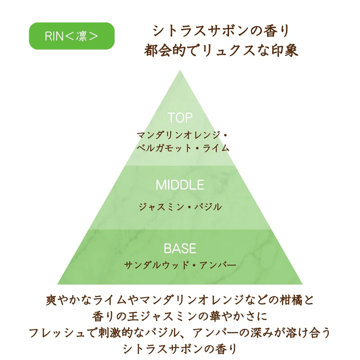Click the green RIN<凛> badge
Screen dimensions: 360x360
coord(71,36)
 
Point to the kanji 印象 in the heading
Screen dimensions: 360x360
coord(286,51)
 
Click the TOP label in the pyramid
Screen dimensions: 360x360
coord(180,118)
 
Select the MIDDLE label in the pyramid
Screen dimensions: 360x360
coord(180,185)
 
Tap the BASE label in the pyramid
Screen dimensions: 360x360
coord(180,249)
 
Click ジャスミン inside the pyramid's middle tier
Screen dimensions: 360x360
coord(158,207)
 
